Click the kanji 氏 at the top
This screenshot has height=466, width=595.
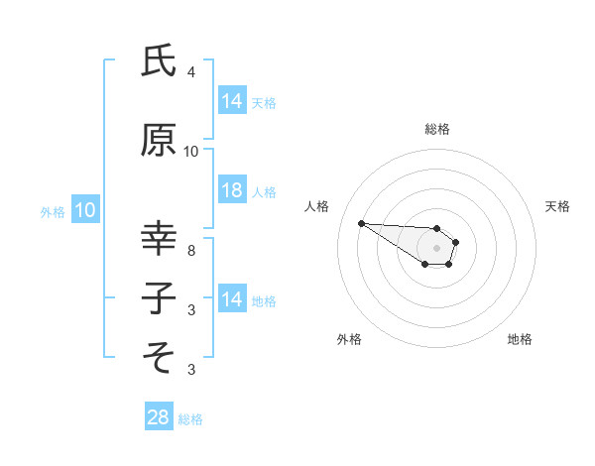[159, 61]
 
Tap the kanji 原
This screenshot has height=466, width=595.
[159, 141]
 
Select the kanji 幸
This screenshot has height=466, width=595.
[159, 239]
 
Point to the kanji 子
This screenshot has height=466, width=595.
[159, 297]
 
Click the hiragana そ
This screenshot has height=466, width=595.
[159, 354]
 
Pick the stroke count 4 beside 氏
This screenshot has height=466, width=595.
[190, 72]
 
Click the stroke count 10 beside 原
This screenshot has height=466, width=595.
[191, 152]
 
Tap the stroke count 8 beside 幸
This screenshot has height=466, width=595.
[190, 251]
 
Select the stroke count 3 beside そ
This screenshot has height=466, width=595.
[190, 370]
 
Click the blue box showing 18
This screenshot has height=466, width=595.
[232, 191]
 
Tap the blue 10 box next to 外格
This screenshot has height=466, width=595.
[85, 210]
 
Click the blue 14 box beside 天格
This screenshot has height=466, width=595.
[232, 100]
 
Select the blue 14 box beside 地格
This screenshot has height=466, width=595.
[232, 299]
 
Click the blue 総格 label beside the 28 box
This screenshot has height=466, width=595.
[190, 418]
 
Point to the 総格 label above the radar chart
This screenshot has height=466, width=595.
[436, 129]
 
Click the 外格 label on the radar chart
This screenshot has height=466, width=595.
[349, 339]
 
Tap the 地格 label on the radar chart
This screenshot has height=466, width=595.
[520, 339]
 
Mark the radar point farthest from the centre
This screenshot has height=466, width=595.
[361, 223]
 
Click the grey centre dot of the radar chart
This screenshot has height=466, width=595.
[436, 247]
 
